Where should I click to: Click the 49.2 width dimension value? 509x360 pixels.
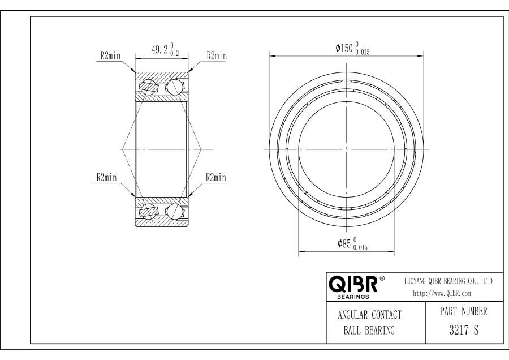coord(165,49)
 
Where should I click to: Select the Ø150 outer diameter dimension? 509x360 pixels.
coord(352,48)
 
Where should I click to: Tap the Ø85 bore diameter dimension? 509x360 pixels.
coord(352,244)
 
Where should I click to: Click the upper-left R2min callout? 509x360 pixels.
coord(110,56)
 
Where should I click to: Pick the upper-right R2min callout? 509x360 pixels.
coord(217,56)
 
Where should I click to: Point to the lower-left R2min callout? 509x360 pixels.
coord(106,177)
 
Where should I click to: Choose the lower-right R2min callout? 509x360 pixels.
coord(216,177)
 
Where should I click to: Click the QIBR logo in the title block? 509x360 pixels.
coord(353,284)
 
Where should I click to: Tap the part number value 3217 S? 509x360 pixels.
coord(464,330)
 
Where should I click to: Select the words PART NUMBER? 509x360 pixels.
coord(464,311)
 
